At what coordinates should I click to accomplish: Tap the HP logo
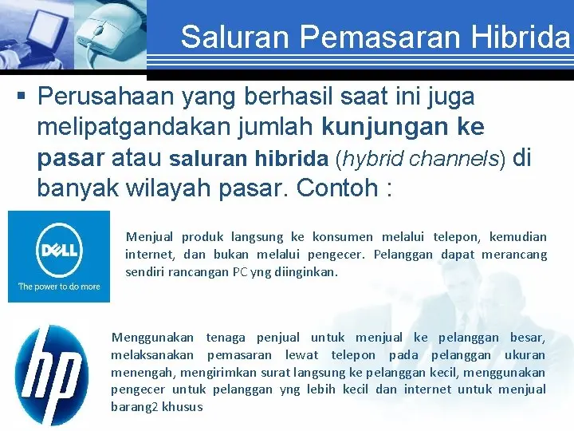pyautogui.click(x=52, y=374)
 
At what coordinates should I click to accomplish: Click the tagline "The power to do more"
pyautogui.click(x=59, y=287)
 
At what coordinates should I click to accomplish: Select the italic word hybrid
pyautogui.click(x=373, y=158)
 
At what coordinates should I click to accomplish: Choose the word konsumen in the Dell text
pyautogui.click(x=344, y=237)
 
